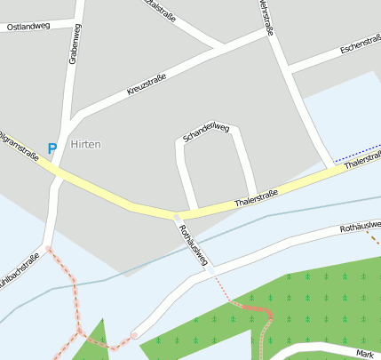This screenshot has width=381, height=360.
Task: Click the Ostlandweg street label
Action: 28,28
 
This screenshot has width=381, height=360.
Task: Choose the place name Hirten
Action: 85,144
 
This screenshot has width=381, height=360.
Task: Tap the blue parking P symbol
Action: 52,148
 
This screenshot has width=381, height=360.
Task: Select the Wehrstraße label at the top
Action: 264,15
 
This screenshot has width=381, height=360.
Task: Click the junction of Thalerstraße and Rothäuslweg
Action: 177,215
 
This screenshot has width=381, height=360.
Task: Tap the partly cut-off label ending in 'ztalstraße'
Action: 161,7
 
